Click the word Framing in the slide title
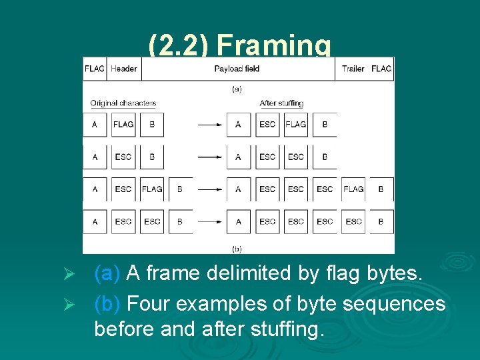point(274,46)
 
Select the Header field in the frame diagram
point(124,69)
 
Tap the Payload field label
point(237,69)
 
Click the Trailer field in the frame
point(353,69)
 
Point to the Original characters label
point(123,103)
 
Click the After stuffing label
point(281,103)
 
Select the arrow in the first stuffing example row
point(209,125)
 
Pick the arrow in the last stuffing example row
point(209,221)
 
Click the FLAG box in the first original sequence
point(123,125)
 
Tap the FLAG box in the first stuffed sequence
point(296,125)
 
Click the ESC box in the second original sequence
point(123,157)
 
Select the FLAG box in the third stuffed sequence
point(353,189)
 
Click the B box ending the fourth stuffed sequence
point(381,221)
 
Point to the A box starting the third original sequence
point(95,189)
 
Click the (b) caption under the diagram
point(237,249)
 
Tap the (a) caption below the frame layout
point(237,88)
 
